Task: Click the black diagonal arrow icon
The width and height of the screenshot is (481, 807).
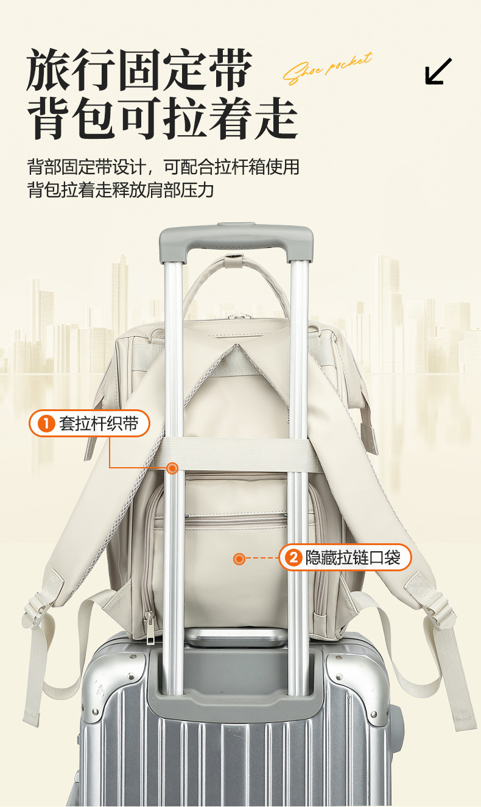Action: pyautogui.click(x=438, y=71)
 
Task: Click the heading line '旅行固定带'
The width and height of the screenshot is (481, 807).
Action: pyautogui.click(x=139, y=71)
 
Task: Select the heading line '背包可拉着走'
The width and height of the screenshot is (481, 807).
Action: pyautogui.click(x=162, y=118)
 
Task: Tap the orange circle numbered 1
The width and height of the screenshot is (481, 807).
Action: pyautogui.click(x=47, y=424)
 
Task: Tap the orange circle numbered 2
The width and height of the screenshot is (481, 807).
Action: pyautogui.click(x=294, y=557)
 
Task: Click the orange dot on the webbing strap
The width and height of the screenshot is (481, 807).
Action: pyautogui.click(x=172, y=468)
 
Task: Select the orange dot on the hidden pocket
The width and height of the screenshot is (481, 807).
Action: pyautogui.click(x=239, y=558)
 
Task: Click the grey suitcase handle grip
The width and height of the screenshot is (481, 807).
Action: pyautogui.click(x=236, y=238)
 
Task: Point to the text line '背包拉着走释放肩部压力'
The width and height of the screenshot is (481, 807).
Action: pyautogui.click(x=121, y=189)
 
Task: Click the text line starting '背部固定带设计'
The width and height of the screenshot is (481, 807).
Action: pyautogui.click(x=163, y=166)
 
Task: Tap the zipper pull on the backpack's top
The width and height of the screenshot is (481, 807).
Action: pyautogui.click(x=239, y=316)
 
